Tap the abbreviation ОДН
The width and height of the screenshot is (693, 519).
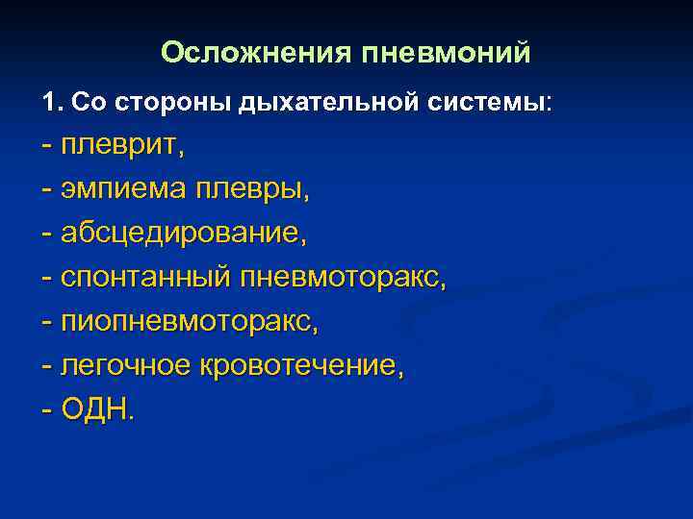click(97, 410)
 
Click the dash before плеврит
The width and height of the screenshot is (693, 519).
click(47, 146)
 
